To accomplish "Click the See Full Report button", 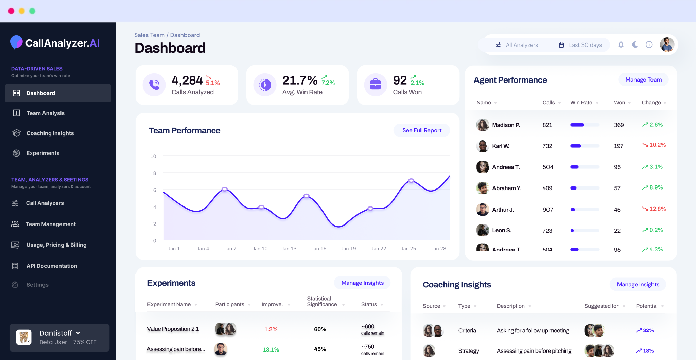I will coord(422,130).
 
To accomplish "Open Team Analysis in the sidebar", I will coord(45,113).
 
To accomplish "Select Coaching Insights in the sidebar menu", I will coord(50,133).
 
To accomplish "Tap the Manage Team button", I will coord(643,80).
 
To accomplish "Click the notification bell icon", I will coord(621,45).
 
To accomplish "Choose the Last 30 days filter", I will coord(580,45).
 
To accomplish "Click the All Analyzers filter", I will coord(517,45).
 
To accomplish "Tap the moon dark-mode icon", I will coord(635,45).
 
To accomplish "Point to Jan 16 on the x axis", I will coord(319,249).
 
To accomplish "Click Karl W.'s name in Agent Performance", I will coord(501,146).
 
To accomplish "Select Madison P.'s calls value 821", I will coord(547,125).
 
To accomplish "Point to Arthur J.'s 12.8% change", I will coord(657,209).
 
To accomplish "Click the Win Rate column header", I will coord(581,103).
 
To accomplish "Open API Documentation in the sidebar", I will coord(52,266).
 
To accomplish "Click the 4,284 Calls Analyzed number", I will coord(187,80).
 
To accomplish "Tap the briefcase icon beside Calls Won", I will coord(375,85).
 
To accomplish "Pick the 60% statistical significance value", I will coord(320,329).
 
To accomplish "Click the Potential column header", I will coord(646,306).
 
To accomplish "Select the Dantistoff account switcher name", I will coord(56,333).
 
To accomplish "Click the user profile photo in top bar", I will coord(667,45).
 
